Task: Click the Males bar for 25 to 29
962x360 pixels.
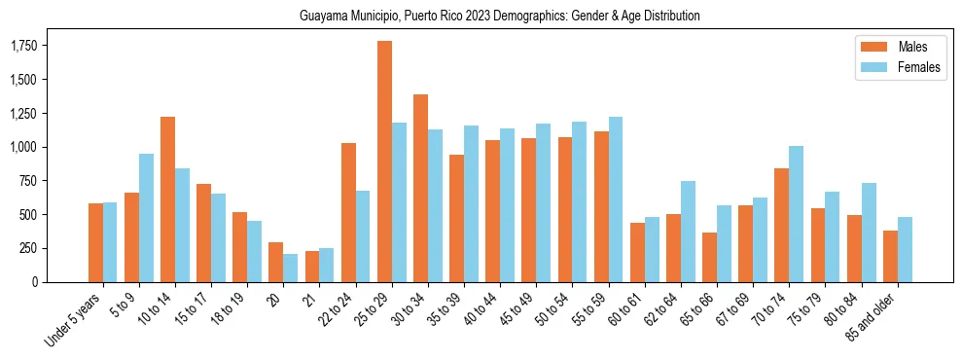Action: pyautogui.click(x=385, y=162)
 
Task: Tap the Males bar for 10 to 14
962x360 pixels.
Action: pyautogui.click(x=168, y=199)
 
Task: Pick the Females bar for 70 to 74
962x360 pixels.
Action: pyautogui.click(x=796, y=214)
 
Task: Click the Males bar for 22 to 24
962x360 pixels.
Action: pyautogui.click(x=349, y=212)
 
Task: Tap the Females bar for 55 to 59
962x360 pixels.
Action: pyautogui.click(x=616, y=199)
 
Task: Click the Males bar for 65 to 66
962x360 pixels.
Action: pyautogui.click(x=710, y=257)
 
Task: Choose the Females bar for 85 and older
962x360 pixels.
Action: pyautogui.click(x=905, y=249)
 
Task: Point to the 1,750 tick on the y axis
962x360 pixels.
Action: pyautogui.click(x=23, y=46)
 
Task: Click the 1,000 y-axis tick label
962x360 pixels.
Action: pyautogui.click(x=23, y=147)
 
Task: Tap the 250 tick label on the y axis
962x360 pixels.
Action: pyautogui.click(x=29, y=248)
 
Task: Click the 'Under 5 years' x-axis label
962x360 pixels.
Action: pyautogui.click(x=74, y=319)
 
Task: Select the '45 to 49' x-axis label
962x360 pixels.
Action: pyautogui.click(x=516, y=308)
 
